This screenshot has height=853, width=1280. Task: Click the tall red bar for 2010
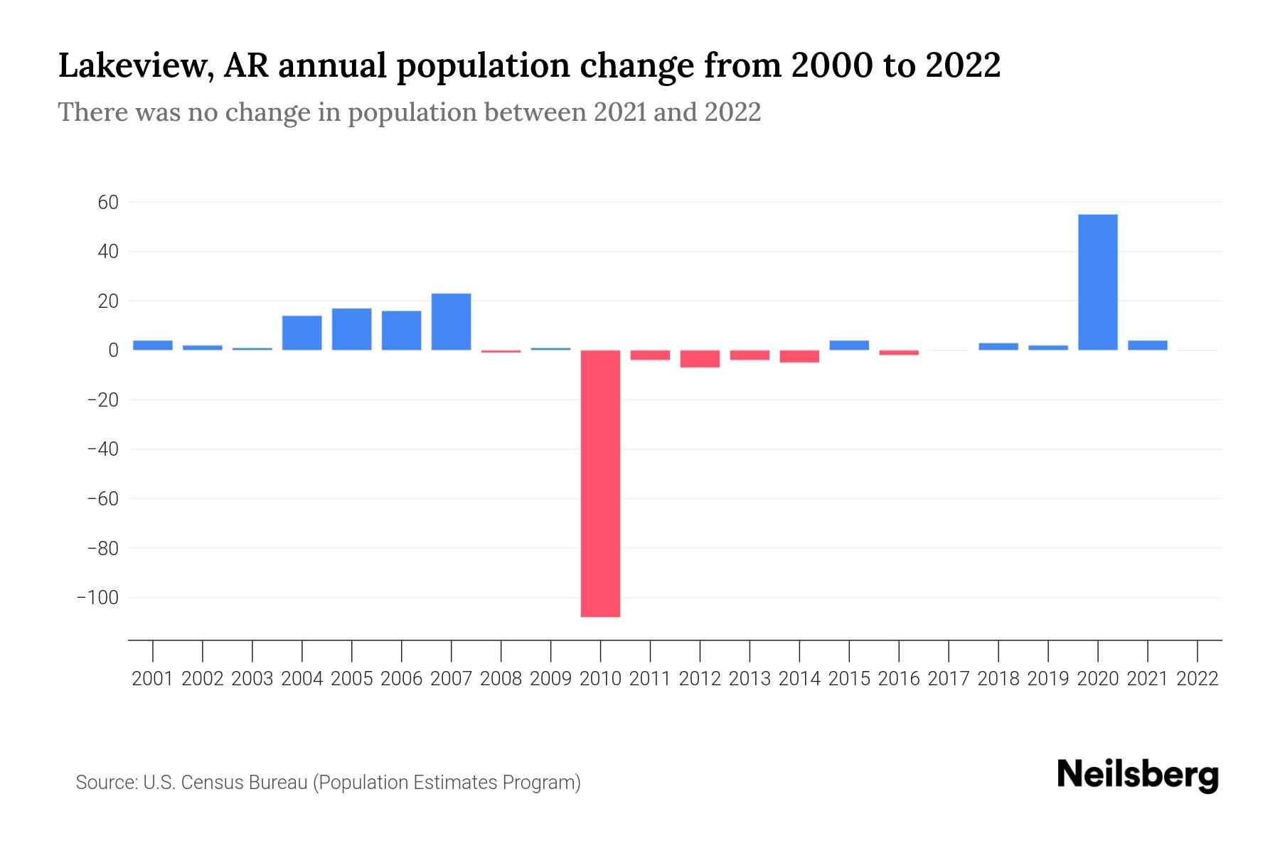pos(600,483)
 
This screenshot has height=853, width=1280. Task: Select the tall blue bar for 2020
pos(1097,282)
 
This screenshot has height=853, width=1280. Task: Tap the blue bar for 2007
pos(451,322)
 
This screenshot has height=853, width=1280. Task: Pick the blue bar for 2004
pos(302,333)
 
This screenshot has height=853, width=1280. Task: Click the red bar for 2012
pos(700,359)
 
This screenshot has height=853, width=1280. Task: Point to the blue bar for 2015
pos(849,345)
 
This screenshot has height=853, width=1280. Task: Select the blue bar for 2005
pos(351,329)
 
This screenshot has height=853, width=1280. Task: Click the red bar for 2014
pos(799,356)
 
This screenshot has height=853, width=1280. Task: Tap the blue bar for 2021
pos(1147,345)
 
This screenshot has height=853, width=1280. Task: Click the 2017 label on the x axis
pos(949,679)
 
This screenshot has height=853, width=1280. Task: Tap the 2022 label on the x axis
pos(1198,679)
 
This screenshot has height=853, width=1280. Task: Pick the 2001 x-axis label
pos(153,679)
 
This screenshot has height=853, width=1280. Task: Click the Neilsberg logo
pos(1138,775)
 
